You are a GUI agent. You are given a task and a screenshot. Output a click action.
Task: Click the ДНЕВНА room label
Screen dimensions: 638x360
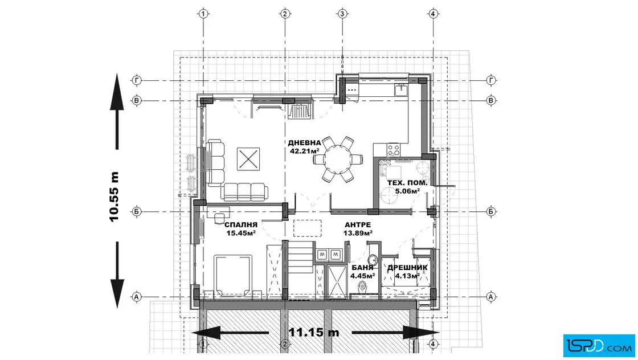pos(304,143)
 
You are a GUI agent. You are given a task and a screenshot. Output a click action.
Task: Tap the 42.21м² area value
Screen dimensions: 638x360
pos(304,151)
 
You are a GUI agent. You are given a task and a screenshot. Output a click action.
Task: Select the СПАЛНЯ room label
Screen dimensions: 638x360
pos(241,224)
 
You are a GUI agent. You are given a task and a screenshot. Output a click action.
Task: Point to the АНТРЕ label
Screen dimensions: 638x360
pos(358,224)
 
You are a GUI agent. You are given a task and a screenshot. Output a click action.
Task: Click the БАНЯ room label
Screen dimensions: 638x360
pos(362,268)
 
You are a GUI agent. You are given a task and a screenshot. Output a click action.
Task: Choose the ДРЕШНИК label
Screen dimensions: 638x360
pos(407,268)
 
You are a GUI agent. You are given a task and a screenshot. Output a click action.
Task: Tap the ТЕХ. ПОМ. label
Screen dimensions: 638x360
pos(407,183)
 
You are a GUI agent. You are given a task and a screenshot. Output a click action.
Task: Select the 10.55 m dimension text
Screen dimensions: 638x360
pos(114,197)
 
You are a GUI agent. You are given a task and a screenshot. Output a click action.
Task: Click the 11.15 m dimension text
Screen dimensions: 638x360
pos(314,332)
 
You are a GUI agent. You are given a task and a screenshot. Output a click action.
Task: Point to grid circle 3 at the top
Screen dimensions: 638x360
pos(342,14)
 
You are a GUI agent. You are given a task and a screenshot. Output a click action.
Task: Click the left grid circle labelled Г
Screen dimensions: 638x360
pos(137,80)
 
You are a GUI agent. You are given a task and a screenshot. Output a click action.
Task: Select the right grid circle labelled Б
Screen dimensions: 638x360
pos(491,211)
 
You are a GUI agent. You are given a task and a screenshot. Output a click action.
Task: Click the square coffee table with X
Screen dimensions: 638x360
pos(248,159)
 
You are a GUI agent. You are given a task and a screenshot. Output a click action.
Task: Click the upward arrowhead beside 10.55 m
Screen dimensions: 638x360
pos(117,92)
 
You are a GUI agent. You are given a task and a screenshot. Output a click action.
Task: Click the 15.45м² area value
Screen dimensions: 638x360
pos(241,233)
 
